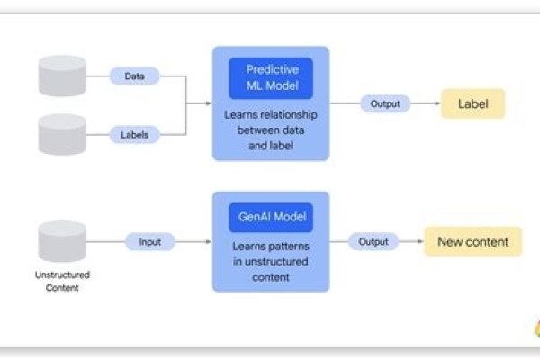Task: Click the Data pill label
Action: pyautogui.click(x=134, y=76)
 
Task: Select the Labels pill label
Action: pyautogui.click(x=134, y=135)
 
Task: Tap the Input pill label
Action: pyautogui.click(x=149, y=242)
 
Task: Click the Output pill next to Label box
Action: pyautogui.click(x=385, y=104)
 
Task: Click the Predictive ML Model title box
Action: pyautogui.click(x=270, y=78)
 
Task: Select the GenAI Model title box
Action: pyautogui.click(x=270, y=217)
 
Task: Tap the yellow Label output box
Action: pyautogui.click(x=472, y=104)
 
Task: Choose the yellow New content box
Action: pyautogui.click(x=472, y=242)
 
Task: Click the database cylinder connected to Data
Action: pyautogui.click(x=62, y=76)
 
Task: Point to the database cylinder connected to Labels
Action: pyautogui.click(x=62, y=134)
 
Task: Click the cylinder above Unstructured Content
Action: pyautogui.click(x=62, y=241)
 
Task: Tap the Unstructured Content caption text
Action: pyautogui.click(x=62, y=283)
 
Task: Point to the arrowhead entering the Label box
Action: pyautogui.click(x=436, y=104)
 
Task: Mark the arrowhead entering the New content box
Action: pyautogui.click(x=421, y=242)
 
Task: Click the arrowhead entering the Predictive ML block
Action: pyautogui.click(x=209, y=104)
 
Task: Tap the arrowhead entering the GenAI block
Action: pyautogui.click(x=209, y=242)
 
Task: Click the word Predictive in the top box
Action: pyautogui.click(x=270, y=68)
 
